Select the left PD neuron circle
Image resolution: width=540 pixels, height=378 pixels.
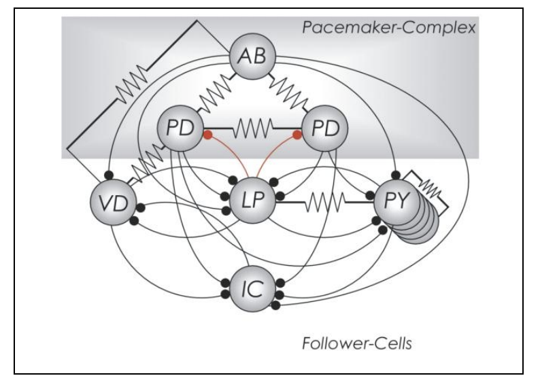click(x=178, y=128)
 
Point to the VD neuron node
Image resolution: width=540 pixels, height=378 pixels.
click(x=110, y=203)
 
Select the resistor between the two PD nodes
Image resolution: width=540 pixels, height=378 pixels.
click(x=252, y=128)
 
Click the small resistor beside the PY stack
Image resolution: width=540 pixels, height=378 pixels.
click(x=431, y=188)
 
